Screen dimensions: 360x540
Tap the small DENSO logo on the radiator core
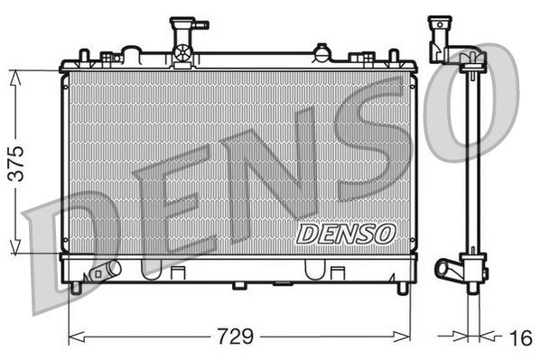(x=346, y=234)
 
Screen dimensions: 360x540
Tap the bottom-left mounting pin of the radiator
(x=76, y=287)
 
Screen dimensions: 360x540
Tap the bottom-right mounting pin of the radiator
(x=402, y=287)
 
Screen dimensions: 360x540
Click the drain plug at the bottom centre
(x=238, y=286)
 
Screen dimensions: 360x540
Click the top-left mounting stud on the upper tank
(x=83, y=56)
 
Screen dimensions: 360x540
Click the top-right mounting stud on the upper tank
(x=394, y=56)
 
